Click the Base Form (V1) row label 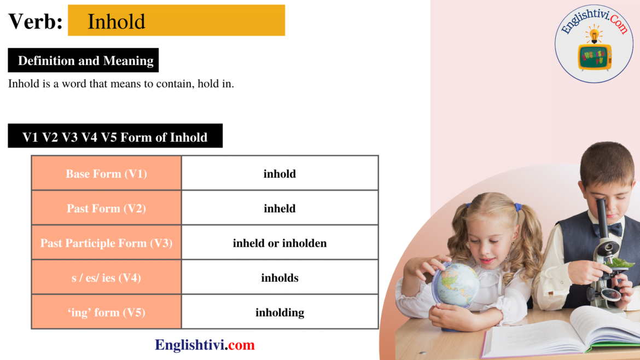tap(106, 173)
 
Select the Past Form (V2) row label tap(106, 208)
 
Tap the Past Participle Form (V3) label tap(106, 243)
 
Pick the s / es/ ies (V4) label tap(106, 278)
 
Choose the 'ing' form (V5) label tap(106, 312)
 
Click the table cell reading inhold tap(280, 173)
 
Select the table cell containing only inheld tap(280, 208)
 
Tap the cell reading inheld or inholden tap(280, 243)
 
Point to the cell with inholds tap(280, 278)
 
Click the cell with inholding tap(280, 312)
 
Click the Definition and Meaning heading tap(86, 61)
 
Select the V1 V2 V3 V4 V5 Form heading tap(115, 136)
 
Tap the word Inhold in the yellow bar tap(117, 21)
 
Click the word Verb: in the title tap(36, 21)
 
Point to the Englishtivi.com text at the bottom tap(205, 345)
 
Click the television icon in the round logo tap(595, 56)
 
